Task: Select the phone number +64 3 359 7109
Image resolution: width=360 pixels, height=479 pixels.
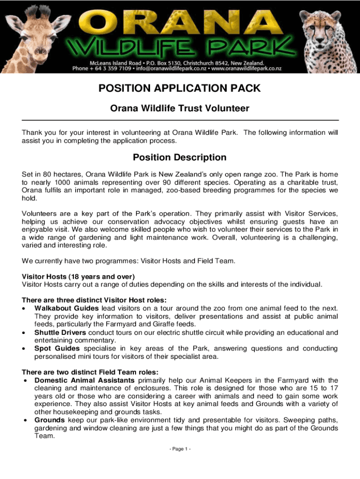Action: point(111,68)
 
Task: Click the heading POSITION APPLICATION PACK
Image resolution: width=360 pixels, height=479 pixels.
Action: point(180,88)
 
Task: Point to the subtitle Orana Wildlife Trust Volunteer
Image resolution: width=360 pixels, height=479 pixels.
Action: point(180,109)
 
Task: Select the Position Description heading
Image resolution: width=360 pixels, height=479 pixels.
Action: point(180,157)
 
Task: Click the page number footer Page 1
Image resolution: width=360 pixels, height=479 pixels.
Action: point(180,449)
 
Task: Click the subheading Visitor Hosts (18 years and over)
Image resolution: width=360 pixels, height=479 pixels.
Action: point(78,276)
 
